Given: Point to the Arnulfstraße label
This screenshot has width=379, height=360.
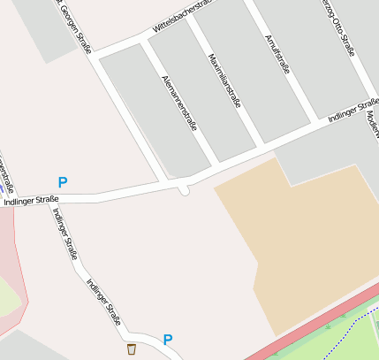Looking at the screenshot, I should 277,55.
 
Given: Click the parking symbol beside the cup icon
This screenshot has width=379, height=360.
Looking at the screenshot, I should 168,340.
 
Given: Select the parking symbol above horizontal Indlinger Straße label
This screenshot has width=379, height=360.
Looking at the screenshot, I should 63,182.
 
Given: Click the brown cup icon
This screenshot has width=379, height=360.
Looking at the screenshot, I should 132,349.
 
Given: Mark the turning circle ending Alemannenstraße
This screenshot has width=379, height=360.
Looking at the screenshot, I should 184,189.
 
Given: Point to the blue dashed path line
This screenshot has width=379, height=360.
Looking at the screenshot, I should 353,332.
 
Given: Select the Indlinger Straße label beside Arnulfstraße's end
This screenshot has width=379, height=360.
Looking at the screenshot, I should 352,106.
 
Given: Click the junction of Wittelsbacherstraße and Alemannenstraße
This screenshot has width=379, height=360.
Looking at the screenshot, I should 145,43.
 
